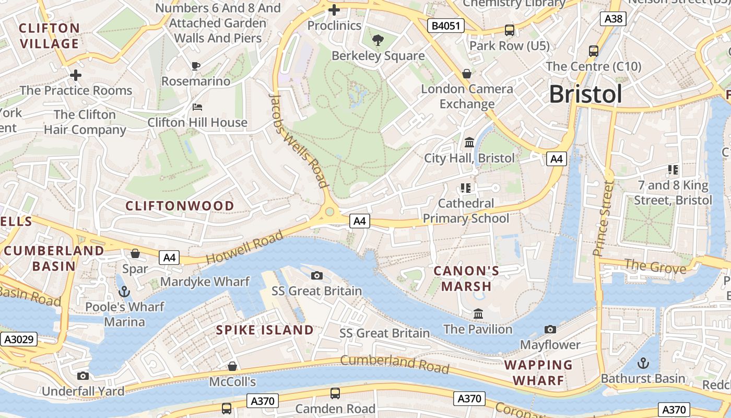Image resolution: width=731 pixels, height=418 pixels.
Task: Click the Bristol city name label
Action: [585, 95]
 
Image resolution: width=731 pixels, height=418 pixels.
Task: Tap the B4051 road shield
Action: [445, 25]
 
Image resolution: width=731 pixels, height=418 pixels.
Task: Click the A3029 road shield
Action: [19, 340]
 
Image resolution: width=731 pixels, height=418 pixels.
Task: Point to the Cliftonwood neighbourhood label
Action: [180, 206]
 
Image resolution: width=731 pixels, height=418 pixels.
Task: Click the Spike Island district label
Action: [265, 330]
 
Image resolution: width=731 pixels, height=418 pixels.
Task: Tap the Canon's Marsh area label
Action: [466, 278]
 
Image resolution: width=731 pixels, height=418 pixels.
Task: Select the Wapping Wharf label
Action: [538, 373]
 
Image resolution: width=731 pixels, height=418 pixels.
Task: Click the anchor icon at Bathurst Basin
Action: [643, 363]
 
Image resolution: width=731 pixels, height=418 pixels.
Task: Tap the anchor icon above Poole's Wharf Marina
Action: [124, 291]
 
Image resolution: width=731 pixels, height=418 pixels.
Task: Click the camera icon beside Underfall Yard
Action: [82, 376]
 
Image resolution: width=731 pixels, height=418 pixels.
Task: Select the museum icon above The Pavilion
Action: [478, 313]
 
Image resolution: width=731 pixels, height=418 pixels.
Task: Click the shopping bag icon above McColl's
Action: [232, 366]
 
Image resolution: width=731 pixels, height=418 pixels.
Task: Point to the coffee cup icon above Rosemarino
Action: [196, 66]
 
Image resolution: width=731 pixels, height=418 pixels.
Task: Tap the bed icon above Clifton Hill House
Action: [197, 107]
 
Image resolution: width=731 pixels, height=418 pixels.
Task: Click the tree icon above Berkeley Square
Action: [378, 40]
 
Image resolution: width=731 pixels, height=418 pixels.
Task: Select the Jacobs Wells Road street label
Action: [298, 140]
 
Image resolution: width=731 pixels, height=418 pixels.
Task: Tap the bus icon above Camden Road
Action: [335, 393]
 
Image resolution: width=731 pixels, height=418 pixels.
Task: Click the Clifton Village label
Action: [50, 36]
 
